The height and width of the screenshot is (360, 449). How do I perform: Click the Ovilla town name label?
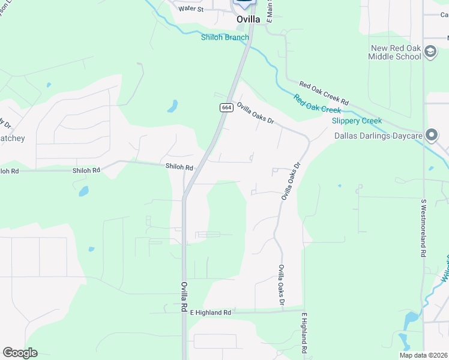click(x=248, y=19)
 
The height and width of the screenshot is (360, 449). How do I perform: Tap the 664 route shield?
click(x=226, y=107)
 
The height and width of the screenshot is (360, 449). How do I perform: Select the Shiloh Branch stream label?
click(x=224, y=37)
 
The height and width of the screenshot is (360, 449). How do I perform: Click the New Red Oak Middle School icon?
click(x=430, y=52)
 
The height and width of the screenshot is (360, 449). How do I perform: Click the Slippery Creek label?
click(x=357, y=121)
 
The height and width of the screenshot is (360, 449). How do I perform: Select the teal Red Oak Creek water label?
click(x=317, y=104)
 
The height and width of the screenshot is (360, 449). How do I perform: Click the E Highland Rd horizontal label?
click(x=210, y=313)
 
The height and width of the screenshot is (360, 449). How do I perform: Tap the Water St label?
click(x=191, y=9)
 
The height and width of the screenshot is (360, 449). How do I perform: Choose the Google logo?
click(x=20, y=353)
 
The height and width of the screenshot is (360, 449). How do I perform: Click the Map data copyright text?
click(x=423, y=355)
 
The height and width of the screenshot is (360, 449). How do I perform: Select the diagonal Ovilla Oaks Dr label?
click(x=255, y=113)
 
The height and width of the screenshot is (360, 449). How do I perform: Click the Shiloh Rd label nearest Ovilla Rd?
click(x=179, y=167)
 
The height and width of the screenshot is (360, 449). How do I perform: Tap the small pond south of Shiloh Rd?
click(x=83, y=191)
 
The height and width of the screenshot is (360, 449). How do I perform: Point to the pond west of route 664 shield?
click(x=172, y=107)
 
